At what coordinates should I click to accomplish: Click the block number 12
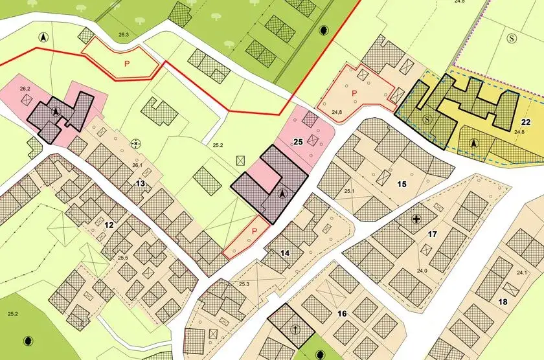pos(109,225)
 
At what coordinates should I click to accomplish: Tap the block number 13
pos(140,184)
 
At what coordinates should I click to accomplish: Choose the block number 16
pos(343,314)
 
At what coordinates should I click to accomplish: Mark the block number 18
pos(503,302)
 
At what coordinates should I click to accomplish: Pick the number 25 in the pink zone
pos(299,141)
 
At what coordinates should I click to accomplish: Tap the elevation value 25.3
pos(244,284)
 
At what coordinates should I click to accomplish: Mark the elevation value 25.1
pos(350,191)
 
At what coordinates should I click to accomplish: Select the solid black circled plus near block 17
pos(417,219)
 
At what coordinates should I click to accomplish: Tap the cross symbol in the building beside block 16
pos(295,330)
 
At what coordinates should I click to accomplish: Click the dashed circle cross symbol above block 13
pos(135,144)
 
